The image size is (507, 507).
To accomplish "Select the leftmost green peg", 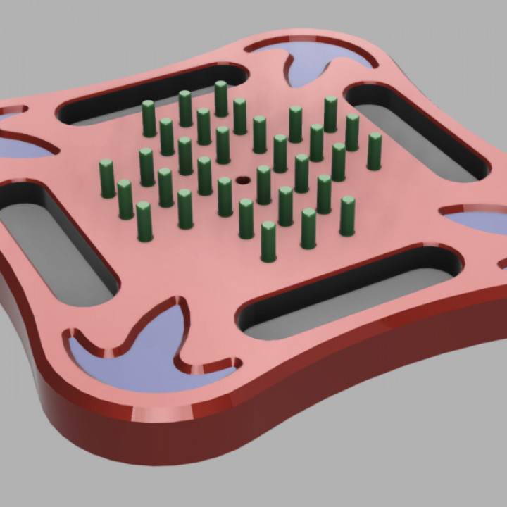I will pyautogui.click(x=107, y=179).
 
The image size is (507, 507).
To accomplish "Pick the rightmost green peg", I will pyautogui.click(x=375, y=152).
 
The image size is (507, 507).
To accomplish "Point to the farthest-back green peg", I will pyautogui.click(x=221, y=99).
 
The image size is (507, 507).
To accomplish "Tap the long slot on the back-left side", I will pyautogui.click(x=148, y=95).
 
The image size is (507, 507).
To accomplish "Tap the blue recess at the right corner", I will pyautogui.click(x=479, y=222).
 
